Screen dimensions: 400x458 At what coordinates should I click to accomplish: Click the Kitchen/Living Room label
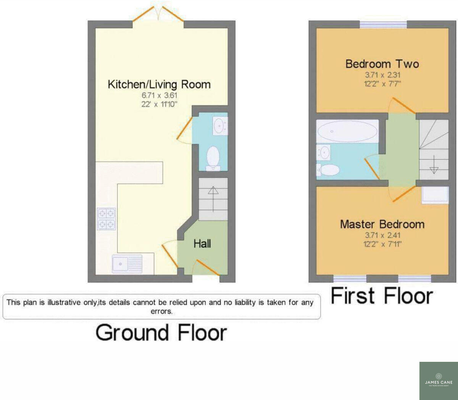coord(159,84)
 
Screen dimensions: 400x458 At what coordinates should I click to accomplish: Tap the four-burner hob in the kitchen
coord(106,219)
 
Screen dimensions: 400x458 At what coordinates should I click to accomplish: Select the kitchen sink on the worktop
coord(127,263)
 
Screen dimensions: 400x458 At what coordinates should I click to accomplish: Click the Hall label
coord(202,244)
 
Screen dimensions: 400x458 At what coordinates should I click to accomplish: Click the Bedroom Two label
coord(382,64)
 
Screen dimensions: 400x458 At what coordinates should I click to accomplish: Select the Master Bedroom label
coord(382,224)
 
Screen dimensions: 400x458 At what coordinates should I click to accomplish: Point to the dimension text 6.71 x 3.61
coord(159,95)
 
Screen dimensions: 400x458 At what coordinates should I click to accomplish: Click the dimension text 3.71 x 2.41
coord(382,235)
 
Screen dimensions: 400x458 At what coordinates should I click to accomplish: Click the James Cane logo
coord(439,381)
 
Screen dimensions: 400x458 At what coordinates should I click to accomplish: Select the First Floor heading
coord(382,296)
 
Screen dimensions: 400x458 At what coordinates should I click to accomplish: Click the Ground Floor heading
coord(161,332)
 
